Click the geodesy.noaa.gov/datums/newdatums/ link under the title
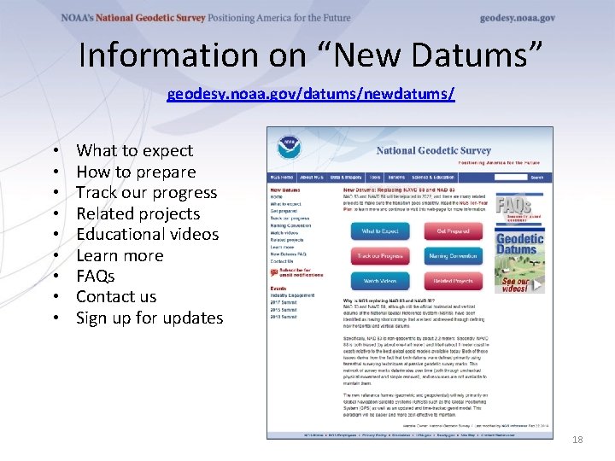coord(311,93)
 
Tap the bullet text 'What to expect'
coord(134,151)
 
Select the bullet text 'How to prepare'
coord(136,172)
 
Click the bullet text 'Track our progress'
coord(146,193)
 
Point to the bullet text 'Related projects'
coord(138,213)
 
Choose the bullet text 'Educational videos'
coord(147,234)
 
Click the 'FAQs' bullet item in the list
coord(95,276)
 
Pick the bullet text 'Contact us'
coord(116,297)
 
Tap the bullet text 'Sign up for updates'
coord(149,318)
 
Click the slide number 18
coord(577,439)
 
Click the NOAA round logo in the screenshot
coord(289,145)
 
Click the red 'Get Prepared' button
coord(453,231)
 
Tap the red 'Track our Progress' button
coord(379,256)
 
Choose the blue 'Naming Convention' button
coord(453,256)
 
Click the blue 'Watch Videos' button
coord(379,281)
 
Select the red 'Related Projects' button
coord(453,281)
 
